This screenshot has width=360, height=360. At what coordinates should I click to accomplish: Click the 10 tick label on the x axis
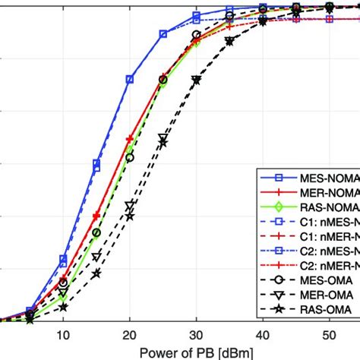point(63,335)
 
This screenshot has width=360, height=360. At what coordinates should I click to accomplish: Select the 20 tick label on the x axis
point(130,335)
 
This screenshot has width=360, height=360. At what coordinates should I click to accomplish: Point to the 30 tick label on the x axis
point(196,335)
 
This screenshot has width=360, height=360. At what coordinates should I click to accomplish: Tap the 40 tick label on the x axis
point(263,335)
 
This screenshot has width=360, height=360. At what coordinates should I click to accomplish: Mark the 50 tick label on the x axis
point(329,335)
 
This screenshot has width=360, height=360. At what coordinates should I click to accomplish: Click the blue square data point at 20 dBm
point(130,79)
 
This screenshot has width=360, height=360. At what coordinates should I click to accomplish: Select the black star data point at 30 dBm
point(196,80)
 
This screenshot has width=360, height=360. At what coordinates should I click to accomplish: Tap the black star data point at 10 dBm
point(63,307)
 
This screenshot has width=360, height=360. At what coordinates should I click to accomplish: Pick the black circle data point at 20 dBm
point(130,157)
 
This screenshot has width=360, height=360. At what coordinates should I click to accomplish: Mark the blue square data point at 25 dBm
point(163,34)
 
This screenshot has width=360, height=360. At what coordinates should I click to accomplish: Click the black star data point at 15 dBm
point(96,273)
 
